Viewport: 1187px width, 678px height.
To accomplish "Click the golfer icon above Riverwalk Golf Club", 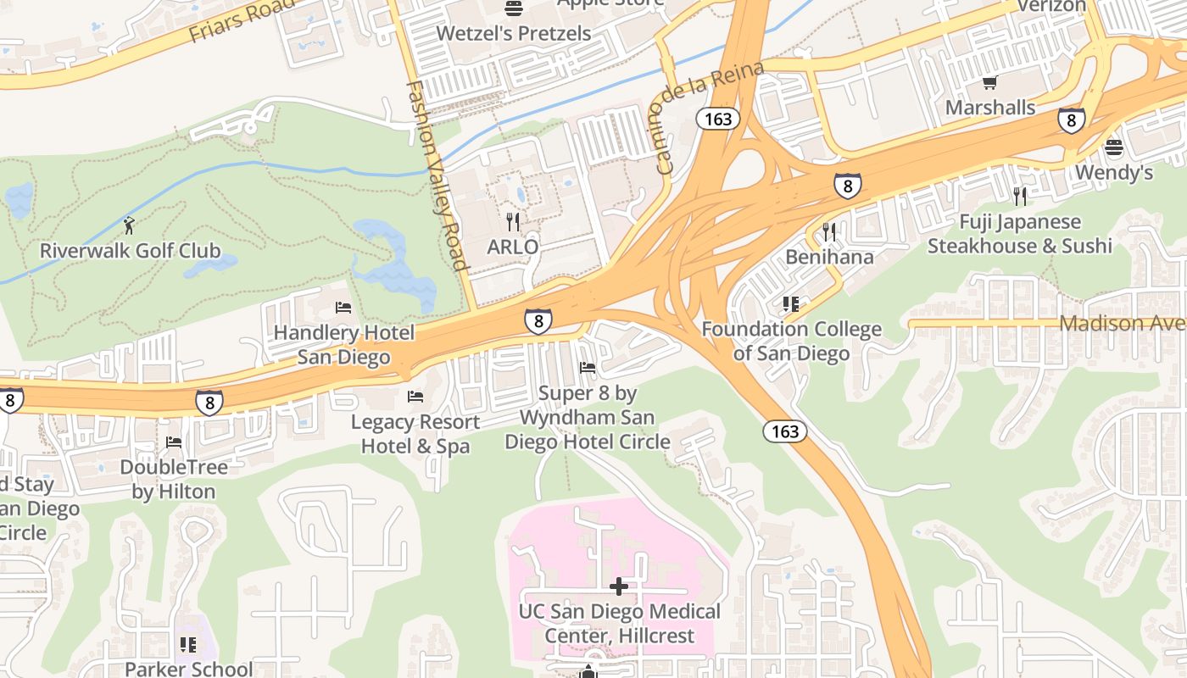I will tap(129, 225).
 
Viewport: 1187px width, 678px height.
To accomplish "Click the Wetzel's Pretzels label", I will tap(513, 34).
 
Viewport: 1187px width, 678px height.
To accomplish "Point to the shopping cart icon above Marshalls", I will tap(989, 83).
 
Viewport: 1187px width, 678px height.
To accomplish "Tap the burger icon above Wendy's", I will tap(1114, 148).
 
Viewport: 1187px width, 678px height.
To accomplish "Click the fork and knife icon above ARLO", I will tap(512, 222).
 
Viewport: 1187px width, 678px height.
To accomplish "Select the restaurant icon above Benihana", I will tap(829, 231).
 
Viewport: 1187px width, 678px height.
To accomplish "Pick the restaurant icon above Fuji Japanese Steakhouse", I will tap(1019, 197).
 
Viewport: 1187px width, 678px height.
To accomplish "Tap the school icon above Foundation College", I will tap(791, 303).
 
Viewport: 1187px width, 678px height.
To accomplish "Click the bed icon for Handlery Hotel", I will tap(343, 307).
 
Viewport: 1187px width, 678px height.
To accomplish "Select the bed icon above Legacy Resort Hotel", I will tap(415, 397).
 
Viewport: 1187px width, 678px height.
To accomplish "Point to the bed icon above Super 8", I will tap(587, 368).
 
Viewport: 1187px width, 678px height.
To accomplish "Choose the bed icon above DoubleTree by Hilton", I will tap(174, 442).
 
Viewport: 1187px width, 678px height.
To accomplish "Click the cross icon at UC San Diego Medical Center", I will tap(619, 586).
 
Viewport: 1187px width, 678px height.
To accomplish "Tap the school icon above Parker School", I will tap(188, 645).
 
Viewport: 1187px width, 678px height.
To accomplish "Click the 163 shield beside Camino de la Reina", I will tap(718, 119).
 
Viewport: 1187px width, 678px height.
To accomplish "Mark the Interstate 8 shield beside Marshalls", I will tap(1072, 120).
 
